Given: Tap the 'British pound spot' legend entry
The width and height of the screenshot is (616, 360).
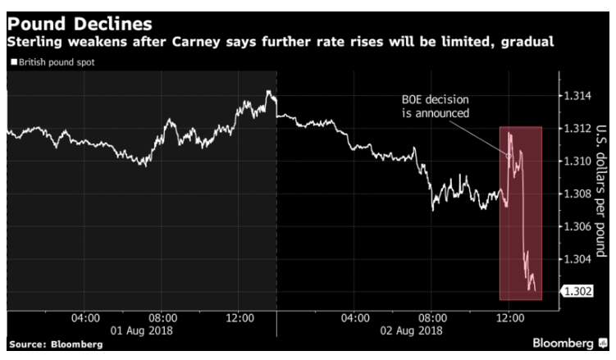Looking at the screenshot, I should coord(54,62).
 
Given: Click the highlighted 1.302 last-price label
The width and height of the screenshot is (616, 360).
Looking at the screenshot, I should coord(573,291).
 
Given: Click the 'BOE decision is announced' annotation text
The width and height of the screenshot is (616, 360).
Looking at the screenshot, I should coord(436,107).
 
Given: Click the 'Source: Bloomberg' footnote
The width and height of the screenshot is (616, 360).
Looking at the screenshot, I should coord(55,345).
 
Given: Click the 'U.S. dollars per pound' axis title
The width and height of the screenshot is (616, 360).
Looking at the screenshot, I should coord(601,194).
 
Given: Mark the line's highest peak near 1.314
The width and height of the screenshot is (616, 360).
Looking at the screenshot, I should coord(268,92).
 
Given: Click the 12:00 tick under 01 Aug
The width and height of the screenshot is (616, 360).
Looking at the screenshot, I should coord(240,317).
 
